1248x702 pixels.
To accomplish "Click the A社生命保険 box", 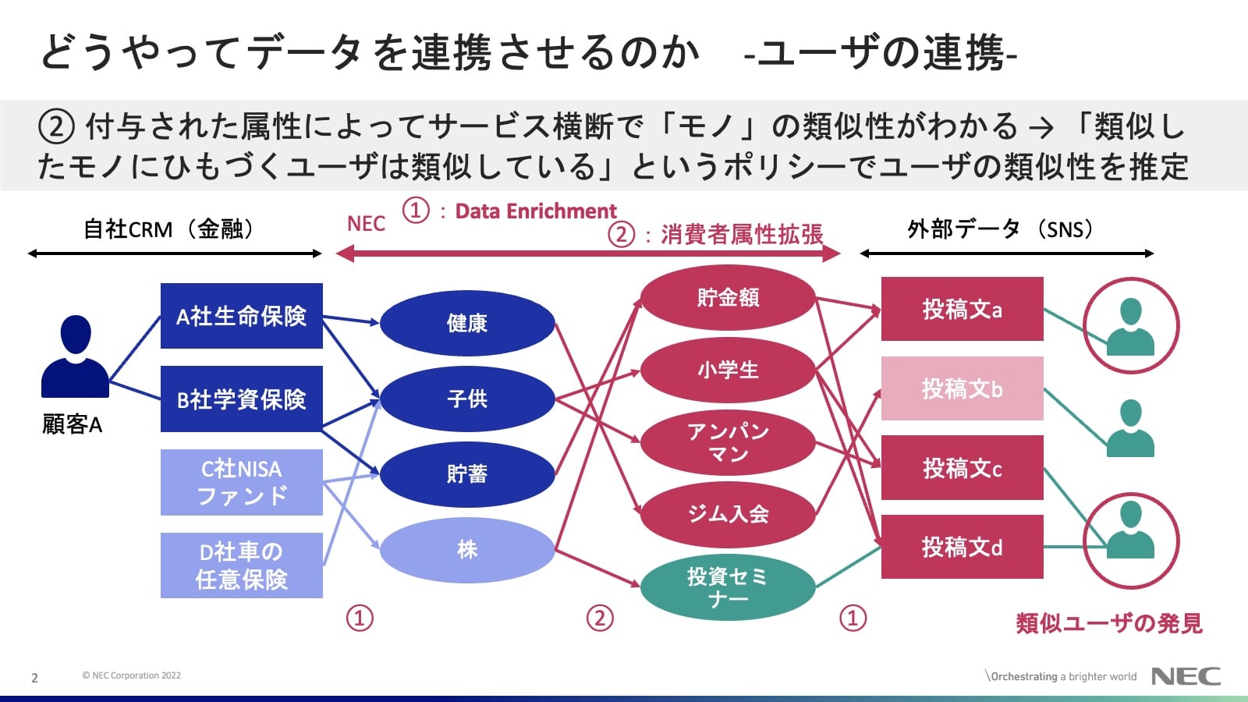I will pyautogui.click(x=241, y=316).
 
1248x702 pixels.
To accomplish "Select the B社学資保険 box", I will pyautogui.click(x=241, y=399).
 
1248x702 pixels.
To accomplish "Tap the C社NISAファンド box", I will pyautogui.click(x=241, y=482).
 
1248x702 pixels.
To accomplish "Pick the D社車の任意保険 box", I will pyautogui.click(x=241, y=565).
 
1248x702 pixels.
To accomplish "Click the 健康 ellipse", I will pyautogui.click(x=466, y=323).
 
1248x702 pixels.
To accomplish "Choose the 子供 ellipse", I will pyautogui.click(x=466, y=399).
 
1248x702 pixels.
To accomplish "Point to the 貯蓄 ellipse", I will pyautogui.click(x=466, y=474).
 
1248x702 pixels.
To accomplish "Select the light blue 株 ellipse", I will pyautogui.click(x=466, y=550).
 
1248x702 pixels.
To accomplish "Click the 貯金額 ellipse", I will pyautogui.click(x=728, y=297).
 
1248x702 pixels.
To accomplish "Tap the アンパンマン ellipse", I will pyautogui.click(x=728, y=442).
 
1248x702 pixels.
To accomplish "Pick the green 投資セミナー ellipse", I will pyautogui.click(x=728, y=587).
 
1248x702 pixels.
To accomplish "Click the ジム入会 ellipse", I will pyautogui.click(x=728, y=514).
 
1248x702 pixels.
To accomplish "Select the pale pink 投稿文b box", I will pyautogui.click(x=962, y=388).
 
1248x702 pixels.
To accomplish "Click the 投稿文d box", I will pyautogui.click(x=962, y=547).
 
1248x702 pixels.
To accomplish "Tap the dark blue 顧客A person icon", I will pyautogui.click(x=75, y=357).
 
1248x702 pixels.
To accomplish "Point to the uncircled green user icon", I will pyautogui.click(x=1130, y=428).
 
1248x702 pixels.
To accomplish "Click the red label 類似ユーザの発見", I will pyautogui.click(x=1108, y=623).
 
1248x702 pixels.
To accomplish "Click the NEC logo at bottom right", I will pyautogui.click(x=1186, y=676).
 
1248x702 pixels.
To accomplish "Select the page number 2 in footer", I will pyautogui.click(x=34, y=678).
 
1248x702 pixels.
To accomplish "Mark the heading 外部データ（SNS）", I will pyautogui.click(x=1002, y=229).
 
